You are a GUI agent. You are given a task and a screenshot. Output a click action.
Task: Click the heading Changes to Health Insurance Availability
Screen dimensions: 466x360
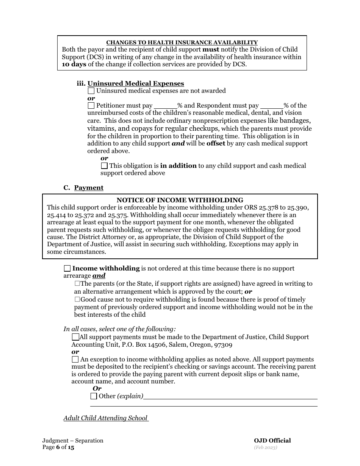pyautogui.click(x=182, y=42)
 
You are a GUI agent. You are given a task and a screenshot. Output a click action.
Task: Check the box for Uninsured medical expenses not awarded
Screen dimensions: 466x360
pyautogui.click(x=91, y=91)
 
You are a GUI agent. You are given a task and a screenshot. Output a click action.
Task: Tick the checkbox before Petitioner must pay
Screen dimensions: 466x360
pyautogui.click(x=91, y=106)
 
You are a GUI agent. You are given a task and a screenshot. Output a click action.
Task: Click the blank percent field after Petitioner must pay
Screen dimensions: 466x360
pyautogui.click(x=166, y=106)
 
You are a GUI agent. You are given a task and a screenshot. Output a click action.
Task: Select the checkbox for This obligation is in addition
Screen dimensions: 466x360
pyautogui.click(x=104, y=166)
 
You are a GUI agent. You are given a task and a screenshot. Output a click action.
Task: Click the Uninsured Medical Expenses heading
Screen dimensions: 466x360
pyautogui.click(x=136, y=83)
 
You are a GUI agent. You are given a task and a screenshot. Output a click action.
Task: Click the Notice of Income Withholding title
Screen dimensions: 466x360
pyautogui.click(x=180, y=200)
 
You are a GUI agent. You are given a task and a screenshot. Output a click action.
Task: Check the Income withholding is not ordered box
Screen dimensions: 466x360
pyautogui.click(x=67, y=269)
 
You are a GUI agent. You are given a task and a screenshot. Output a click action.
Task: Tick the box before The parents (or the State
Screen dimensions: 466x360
pyautogui.click(x=77, y=283)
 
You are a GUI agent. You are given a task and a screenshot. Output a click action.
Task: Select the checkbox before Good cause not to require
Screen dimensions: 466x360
pyautogui.click(x=77, y=299)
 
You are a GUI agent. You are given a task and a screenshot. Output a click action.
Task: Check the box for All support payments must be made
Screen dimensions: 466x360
pyautogui.click(x=75, y=337)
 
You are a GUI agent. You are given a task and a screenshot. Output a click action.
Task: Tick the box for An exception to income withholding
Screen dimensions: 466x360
pyautogui.click(x=75, y=360)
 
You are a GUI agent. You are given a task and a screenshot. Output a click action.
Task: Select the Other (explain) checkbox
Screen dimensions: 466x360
pyautogui.click(x=94, y=396)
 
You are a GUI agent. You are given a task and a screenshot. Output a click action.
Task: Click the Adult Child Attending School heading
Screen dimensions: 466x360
pyautogui.click(x=106, y=418)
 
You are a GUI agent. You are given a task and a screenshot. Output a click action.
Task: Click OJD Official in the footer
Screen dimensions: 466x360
pyautogui.click(x=272, y=440)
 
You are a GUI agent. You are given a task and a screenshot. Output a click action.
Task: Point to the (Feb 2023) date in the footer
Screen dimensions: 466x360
pyautogui.click(x=266, y=447)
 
